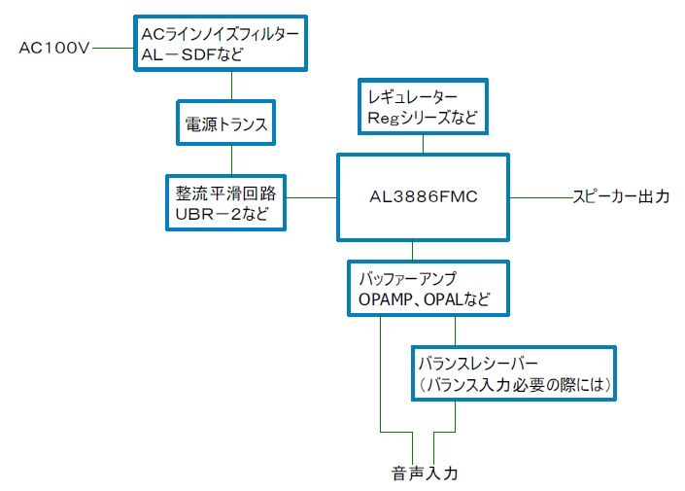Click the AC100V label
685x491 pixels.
pos(53,48)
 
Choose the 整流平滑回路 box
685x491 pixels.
pos(225,201)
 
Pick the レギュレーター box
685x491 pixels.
pos(422,108)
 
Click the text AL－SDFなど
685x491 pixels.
pos(192,56)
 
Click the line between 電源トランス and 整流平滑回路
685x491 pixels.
pos(231,159)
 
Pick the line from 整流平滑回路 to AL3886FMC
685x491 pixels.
pos(312,198)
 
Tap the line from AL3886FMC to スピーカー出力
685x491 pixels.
pos(540,197)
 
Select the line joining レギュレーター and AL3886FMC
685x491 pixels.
pos(422,143)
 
